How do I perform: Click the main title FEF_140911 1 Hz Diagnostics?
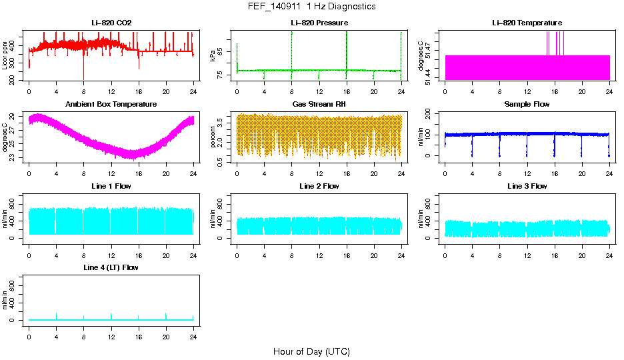point(311,7)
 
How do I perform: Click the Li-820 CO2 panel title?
point(111,23)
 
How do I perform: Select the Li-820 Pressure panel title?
point(319,23)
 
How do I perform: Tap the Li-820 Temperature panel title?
point(527,23)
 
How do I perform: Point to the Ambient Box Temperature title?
point(111,105)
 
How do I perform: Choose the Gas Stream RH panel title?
point(319,105)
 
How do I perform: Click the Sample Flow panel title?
point(527,105)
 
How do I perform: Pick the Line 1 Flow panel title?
point(111,186)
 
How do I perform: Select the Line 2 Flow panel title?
point(319,186)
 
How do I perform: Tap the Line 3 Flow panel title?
point(527,186)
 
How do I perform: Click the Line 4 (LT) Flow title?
point(111,267)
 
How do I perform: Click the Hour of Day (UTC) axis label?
point(311,351)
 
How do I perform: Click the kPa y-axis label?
point(213,56)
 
